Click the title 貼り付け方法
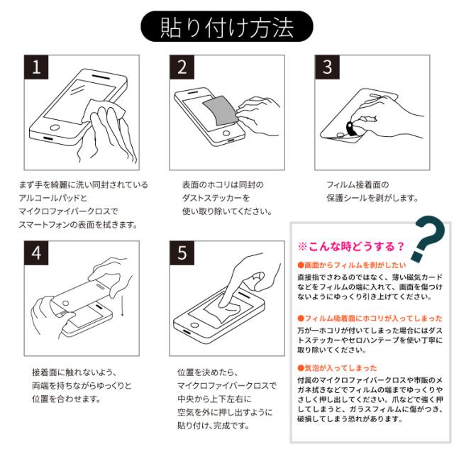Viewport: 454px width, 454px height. pyautogui.click(x=227, y=27)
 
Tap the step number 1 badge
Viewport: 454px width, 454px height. pyautogui.click(x=36, y=67)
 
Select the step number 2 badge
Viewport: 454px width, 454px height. pyautogui.click(x=182, y=67)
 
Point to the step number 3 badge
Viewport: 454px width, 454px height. pyautogui.click(x=327, y=67)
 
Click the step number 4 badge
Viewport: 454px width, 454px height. pyautogui.click(x=36, y=253)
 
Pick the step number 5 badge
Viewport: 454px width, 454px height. pyautogui.click(x=182, y=253)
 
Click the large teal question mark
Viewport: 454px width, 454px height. pyautogui.click(x=428, y=239)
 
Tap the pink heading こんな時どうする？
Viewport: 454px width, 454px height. pyautogui.click(x=350, y=246)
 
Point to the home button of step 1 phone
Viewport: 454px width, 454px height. pyautogui.click(x=55, y=128)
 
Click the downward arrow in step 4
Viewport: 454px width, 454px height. pyautogui.click(x=122, y=306)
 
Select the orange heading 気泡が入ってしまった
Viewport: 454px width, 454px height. pyautogui.click(x=338, y=368)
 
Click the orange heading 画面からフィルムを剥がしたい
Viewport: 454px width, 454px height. pyautogui.click(x=352, y=265)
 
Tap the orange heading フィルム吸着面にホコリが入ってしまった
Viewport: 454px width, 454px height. pyautogui.click(x=370, y=319)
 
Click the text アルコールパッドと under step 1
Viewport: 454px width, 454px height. pyautogui.click(x=53, y=198)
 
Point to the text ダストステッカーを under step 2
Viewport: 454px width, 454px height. pyautogui.click(x=216, y=198)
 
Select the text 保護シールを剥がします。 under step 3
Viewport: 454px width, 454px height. pyautogui.click(x=372, y=198)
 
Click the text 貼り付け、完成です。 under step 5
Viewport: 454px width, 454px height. pyautogui.click(x=214, y=426)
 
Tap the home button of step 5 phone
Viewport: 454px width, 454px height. pyautogui.click(x=194, y=325)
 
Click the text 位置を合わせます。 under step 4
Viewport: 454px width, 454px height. pyautogui.click(x=66, y=399)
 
